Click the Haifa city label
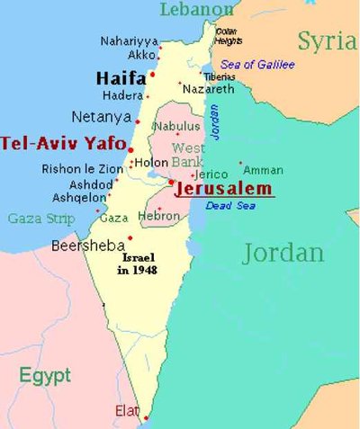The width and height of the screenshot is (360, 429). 121,78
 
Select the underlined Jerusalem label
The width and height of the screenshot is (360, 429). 224,190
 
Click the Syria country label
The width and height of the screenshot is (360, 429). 326,40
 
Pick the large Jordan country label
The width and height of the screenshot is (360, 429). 283,253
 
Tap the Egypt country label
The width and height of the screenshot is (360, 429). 45,375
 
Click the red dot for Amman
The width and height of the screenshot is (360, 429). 240,163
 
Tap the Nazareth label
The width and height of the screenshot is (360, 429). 208,89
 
